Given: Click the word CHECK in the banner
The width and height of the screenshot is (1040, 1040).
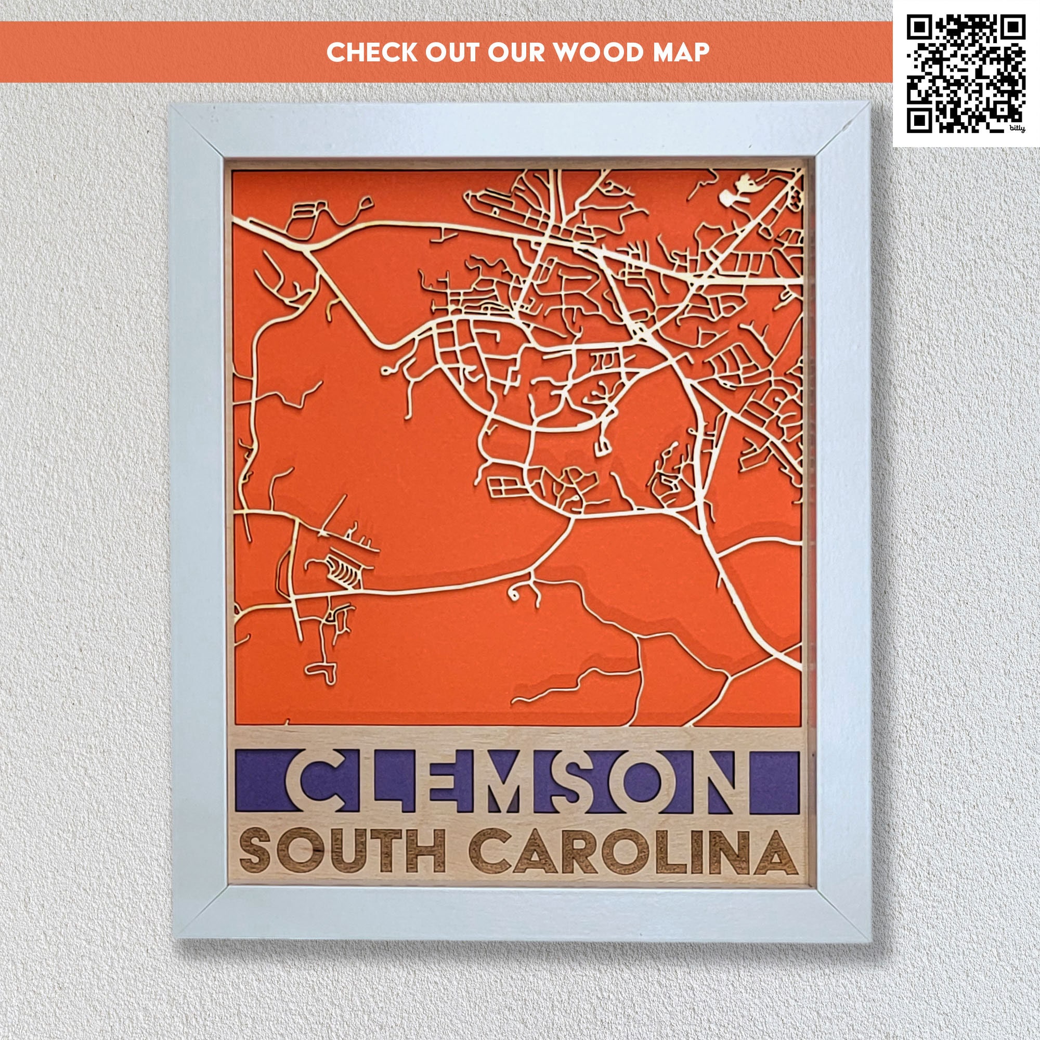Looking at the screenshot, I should point(371,52).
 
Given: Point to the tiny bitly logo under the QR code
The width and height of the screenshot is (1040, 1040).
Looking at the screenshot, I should point(1016,128).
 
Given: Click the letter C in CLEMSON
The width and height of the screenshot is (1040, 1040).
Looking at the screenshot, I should point(318,782).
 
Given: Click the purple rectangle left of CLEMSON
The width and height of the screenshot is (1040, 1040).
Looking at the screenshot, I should point(259,782).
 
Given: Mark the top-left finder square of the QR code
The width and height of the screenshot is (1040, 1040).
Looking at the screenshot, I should point(919,27).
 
